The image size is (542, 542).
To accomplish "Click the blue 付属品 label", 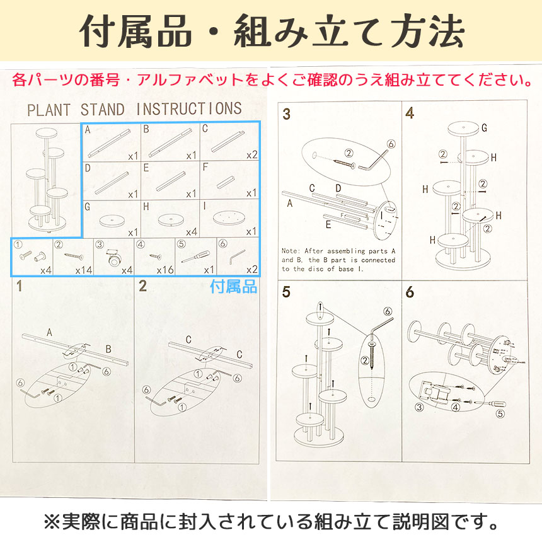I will point(233,287).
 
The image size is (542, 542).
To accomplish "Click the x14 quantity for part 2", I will point(84,270).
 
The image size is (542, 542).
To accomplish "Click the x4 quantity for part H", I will point(191,232).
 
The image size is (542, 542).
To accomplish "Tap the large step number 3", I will point(287,114).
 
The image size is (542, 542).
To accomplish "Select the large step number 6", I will point(410,292).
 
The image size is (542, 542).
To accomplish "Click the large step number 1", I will point(20,287).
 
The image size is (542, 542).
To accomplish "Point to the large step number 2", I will point(142,287).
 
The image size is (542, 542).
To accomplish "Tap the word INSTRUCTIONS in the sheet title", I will point(189,109).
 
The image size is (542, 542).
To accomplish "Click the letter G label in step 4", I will point(484,129).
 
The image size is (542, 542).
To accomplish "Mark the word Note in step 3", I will point(291,250).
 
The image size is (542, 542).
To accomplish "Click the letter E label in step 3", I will point(328,224).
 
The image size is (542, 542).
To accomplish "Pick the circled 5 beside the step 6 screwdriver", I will point(500,414).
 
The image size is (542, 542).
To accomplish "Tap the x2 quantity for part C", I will point(251,155).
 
